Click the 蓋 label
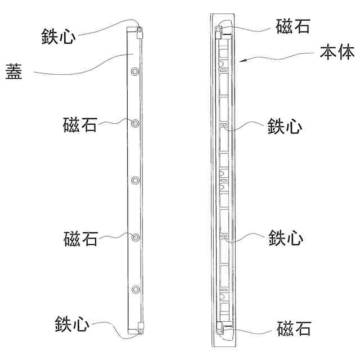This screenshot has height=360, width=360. (x=14, y=73)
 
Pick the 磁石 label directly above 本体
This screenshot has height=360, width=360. (x=294, y=26)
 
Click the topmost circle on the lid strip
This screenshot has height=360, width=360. (x=135, y=71)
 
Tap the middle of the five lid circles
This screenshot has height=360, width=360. (x=135, y=181)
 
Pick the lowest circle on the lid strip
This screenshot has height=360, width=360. (x=135, y=290)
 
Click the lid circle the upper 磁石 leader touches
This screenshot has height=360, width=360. (x=135, y=123)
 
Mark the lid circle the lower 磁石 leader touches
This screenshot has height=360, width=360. (x=135, y=237)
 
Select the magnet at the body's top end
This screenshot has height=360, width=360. (x=219, y=31)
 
